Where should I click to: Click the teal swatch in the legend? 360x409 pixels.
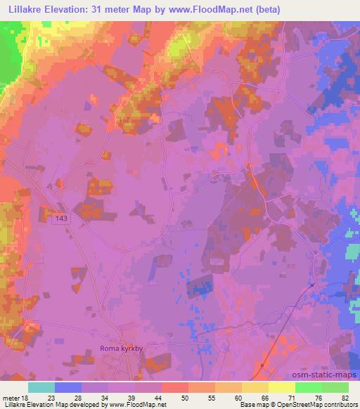tap(41, 387)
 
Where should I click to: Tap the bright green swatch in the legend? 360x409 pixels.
tap(309, 387)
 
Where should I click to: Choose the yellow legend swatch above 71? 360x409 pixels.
tap(282, 387)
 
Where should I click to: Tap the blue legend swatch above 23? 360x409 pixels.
tap(68, 387)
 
